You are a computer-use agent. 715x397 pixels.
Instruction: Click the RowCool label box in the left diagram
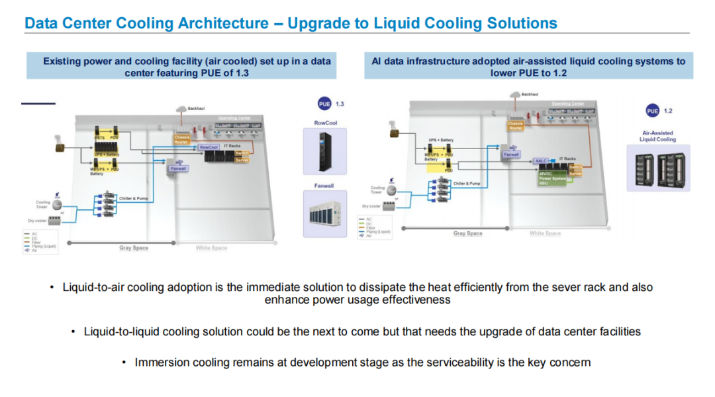[209, 147]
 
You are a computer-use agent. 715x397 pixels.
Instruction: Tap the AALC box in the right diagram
[542, 161]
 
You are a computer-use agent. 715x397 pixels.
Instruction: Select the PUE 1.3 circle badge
[324, 104]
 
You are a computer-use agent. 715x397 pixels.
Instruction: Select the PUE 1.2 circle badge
[652, 111]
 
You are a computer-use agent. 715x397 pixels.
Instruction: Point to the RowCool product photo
[324, 152]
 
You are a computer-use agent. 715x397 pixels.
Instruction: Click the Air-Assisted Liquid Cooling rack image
[658, 169]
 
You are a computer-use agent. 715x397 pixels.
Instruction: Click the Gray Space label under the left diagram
[134, 248]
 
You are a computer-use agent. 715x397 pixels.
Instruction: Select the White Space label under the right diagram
[545, 233]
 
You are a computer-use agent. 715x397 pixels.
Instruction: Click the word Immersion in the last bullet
[158, 363]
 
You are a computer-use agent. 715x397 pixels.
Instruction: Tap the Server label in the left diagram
[242, 160]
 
